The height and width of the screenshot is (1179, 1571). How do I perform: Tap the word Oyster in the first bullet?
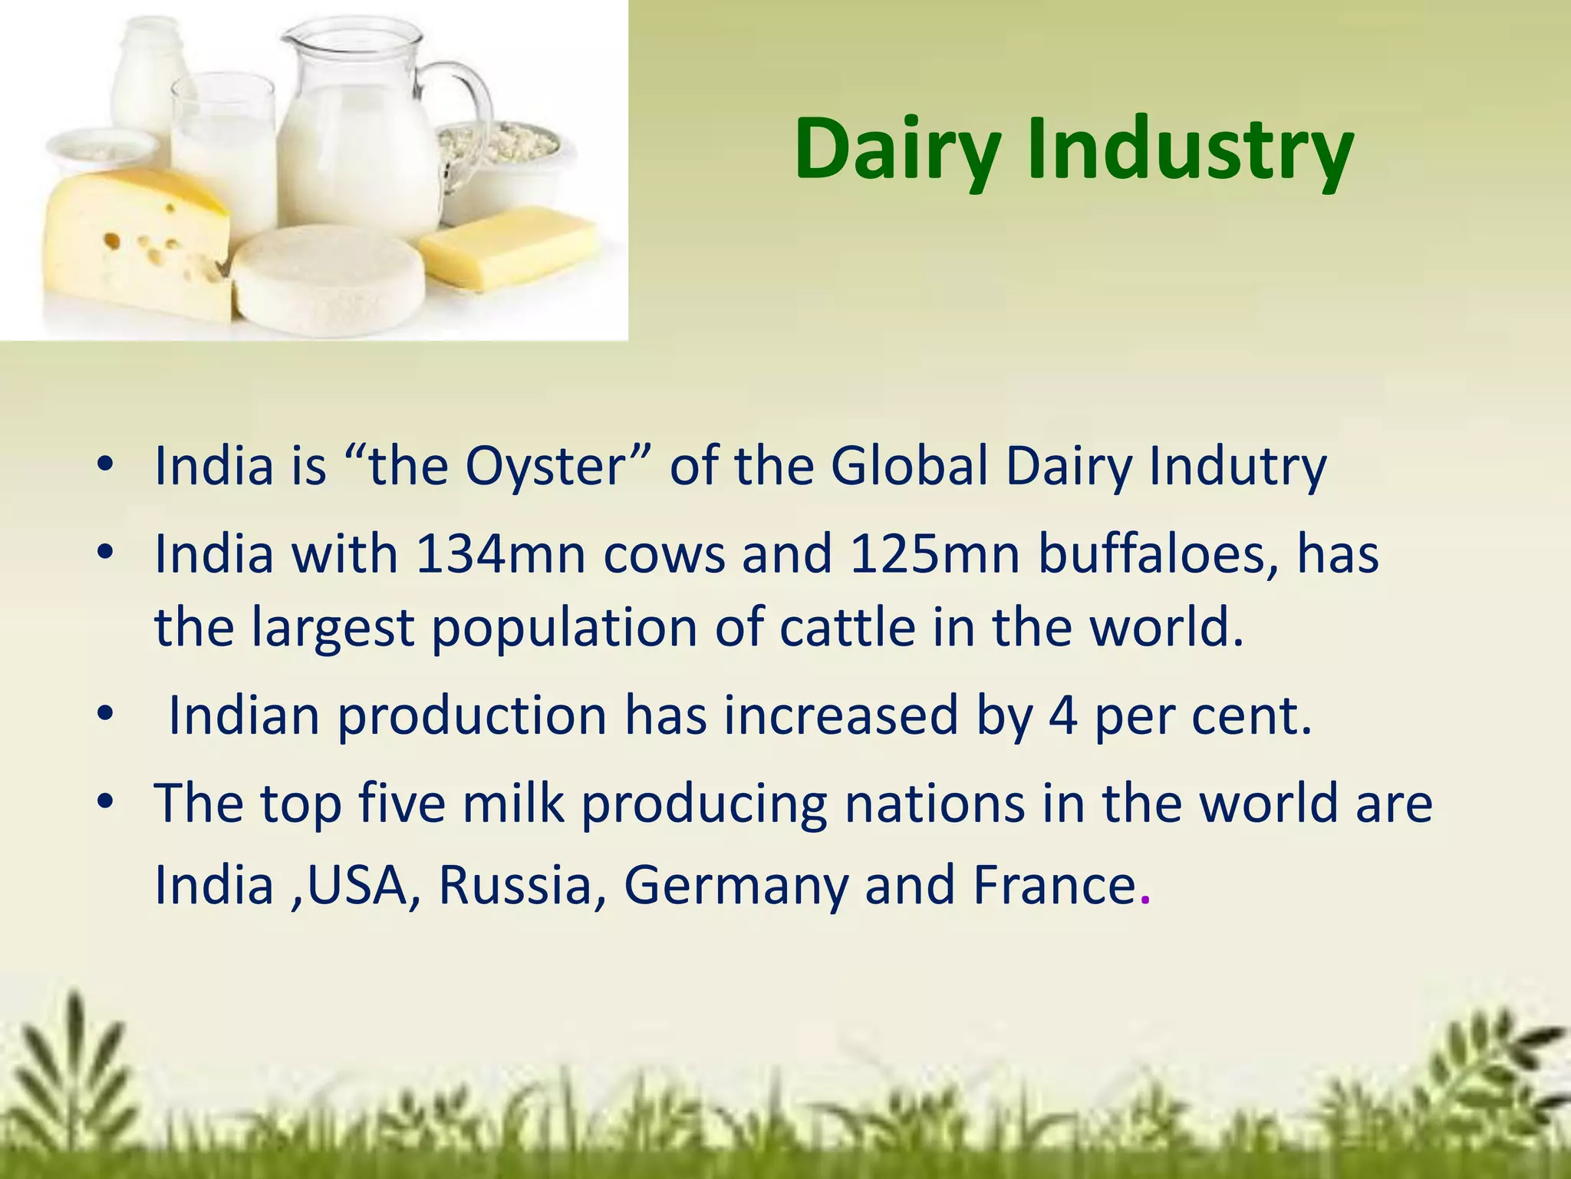546,467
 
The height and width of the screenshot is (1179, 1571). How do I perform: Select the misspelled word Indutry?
1237,467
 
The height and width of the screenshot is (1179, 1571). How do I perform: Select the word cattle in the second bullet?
847,628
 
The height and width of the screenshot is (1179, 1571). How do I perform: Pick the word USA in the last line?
356,885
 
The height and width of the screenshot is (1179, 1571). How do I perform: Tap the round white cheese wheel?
328,280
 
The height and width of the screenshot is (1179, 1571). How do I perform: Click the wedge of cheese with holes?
134,246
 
